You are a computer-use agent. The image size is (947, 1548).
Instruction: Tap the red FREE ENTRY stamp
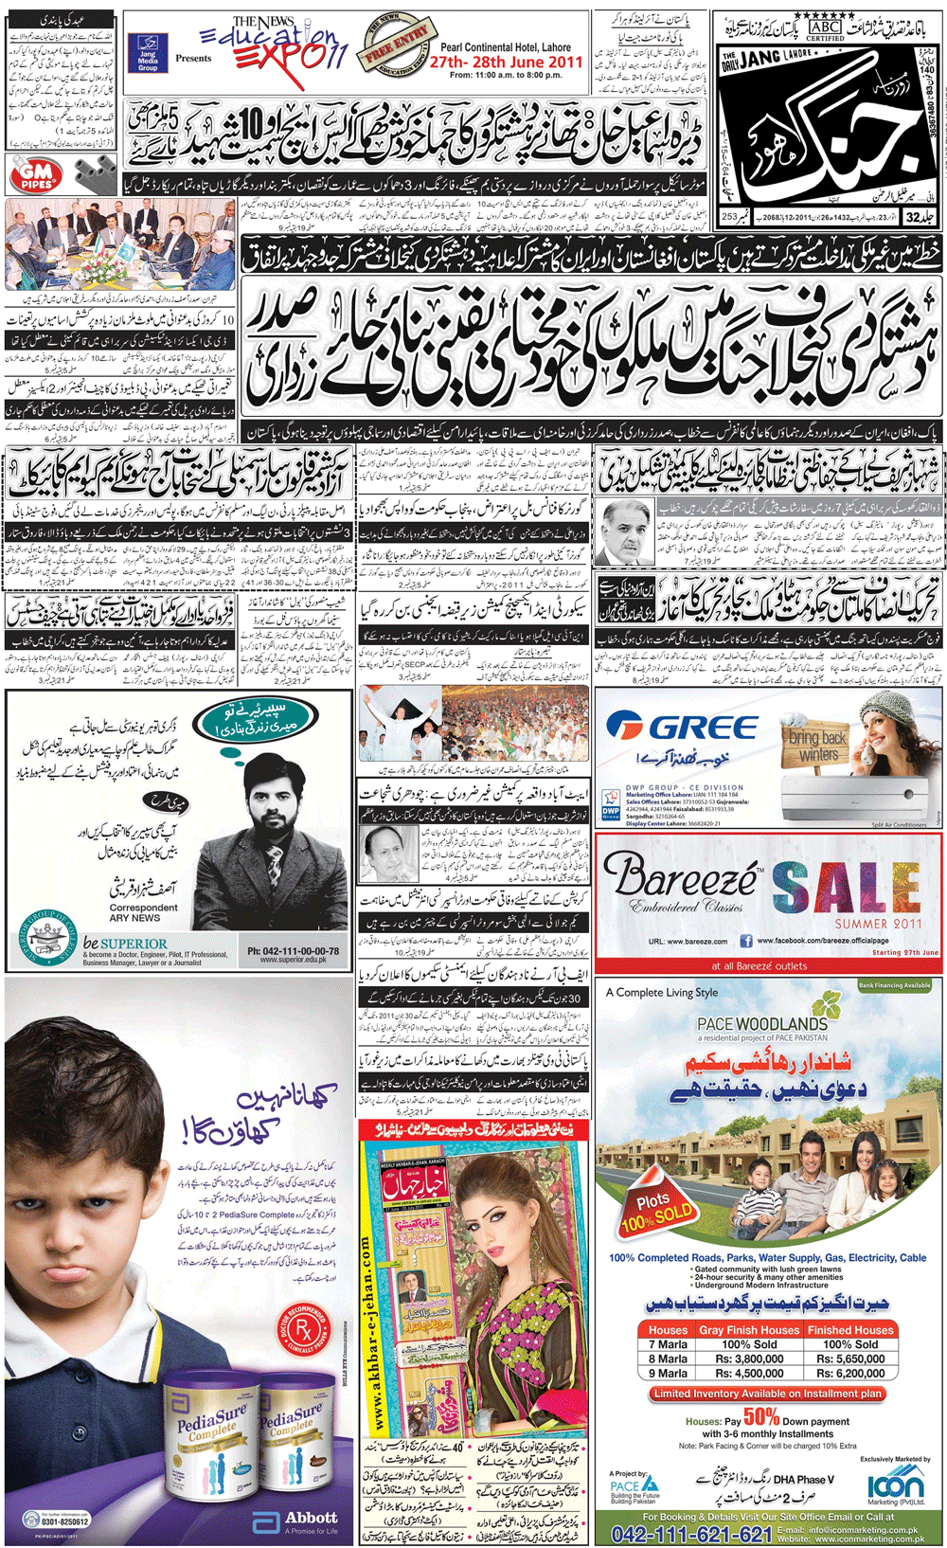pyautogui.click(x=398, y=47)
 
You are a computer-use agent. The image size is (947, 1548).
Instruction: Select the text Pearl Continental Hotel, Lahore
pyautogui.click(x=506, y=47)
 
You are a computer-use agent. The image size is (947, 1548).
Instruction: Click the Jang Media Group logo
pyautogui.click(x=148, y=55)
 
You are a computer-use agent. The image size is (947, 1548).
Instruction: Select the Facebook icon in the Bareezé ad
pyautogui.click(x=746, y=941)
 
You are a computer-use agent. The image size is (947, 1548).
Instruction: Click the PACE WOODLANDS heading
pyautogui.click(x=762, y=1023)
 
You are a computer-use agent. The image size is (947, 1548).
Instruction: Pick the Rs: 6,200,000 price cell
pyautogui.click(x=851, y=1373)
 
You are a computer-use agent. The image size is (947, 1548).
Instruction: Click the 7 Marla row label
pyautogui.click(x=668, y=1344)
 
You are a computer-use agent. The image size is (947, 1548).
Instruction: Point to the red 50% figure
pyautogui.click(x=761, y=1417)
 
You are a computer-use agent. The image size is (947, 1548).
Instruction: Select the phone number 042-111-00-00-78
pyautogui.click(x=293, y=950)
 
